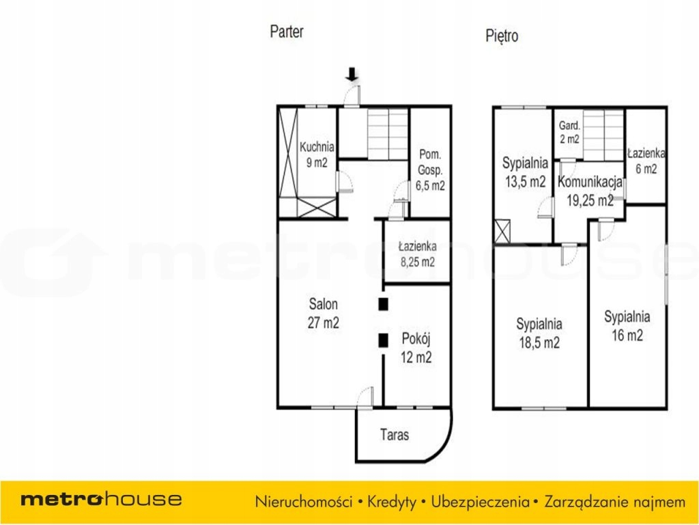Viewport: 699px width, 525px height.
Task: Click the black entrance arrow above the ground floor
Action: (352, 74)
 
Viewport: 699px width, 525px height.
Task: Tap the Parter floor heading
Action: (287, 31)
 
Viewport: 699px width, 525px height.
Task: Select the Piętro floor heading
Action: (502, 36)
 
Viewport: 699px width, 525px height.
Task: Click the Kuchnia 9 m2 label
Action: (317, 154)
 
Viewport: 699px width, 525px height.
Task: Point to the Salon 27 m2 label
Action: (323, 313)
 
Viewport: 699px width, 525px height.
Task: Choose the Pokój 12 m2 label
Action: (416, 348)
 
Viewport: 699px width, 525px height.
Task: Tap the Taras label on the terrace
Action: (395, 434)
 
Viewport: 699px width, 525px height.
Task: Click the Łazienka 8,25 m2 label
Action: (417, 254)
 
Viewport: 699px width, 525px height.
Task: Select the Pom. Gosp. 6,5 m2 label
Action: (430, 170)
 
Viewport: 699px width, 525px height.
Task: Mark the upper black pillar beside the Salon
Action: (383, 304)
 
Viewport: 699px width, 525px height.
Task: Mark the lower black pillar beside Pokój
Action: (383, 340)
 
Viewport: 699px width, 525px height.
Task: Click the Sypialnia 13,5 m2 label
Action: (525, 172)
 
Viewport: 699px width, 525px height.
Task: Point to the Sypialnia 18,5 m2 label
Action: (539, 333)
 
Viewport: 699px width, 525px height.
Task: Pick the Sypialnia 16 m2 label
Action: (627, 326)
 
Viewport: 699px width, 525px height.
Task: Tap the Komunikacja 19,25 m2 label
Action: (590, 191)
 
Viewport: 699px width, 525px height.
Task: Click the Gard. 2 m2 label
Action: (569, 132)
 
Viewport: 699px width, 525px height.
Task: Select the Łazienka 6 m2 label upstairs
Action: (646, 161)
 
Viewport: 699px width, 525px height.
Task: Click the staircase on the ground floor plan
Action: (388, 134)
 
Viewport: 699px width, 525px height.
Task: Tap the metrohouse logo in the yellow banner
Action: (101, 499)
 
